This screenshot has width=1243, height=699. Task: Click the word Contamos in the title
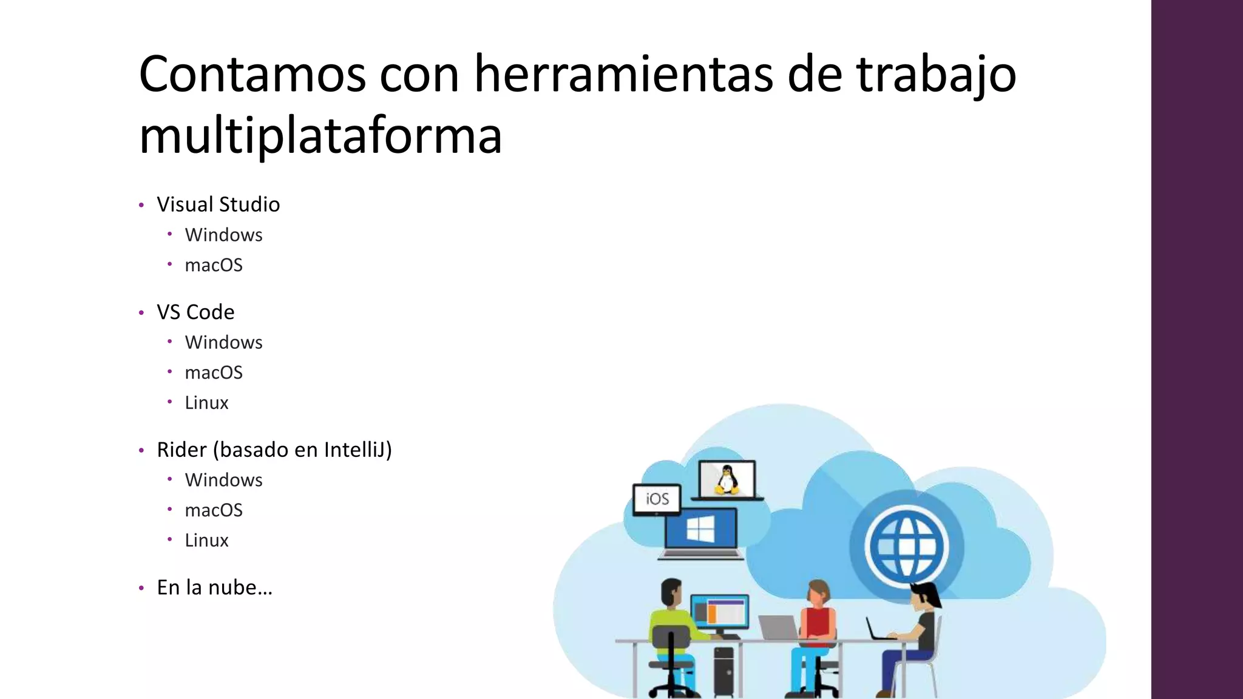pos(252,74)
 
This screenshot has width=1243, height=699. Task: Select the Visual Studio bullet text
pos(218,204)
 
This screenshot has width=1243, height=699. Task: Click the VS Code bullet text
pos(195,312)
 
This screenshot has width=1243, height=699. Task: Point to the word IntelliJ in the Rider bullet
pos(357,450)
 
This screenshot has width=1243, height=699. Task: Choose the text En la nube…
pos(214,587)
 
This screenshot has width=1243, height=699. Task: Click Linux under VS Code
pos(206,403)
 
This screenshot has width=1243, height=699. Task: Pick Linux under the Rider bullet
pos(206,541)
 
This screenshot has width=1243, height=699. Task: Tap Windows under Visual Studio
pos(223,235)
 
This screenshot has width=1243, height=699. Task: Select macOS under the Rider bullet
pos(214,510)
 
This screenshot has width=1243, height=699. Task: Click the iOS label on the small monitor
pos(657,499)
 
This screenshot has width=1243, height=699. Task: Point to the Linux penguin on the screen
pos(726,479)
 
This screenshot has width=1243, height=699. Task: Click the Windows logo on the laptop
pos(700,530)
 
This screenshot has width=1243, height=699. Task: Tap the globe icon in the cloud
pos(907,545)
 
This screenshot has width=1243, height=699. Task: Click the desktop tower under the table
pos(723,670)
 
